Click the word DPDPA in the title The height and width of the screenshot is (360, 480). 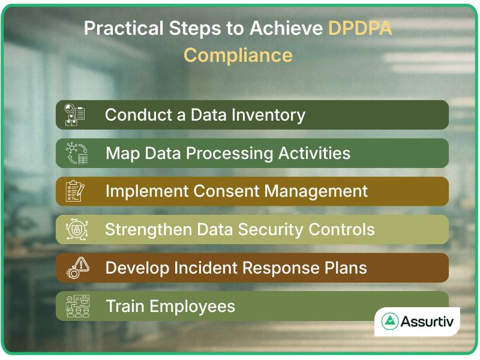coord(360,28)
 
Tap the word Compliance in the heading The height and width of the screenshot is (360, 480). coord(238,55)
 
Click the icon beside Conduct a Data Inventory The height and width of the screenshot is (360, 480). coord(75,115)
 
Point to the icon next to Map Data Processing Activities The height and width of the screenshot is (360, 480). coord(76,153)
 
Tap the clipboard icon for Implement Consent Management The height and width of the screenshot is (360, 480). coord(75,191)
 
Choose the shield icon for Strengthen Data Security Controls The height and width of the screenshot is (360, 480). coord(76,230)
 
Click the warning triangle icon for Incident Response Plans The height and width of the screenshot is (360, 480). coord(76,268)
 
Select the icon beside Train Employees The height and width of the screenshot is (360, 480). coord(76,306)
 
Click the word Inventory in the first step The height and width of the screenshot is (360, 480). coord(269,115)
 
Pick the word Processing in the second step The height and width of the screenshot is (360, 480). coord(231,153)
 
